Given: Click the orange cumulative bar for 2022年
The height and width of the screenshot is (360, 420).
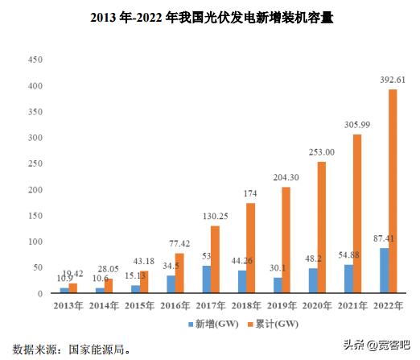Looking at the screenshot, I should click(393, 191).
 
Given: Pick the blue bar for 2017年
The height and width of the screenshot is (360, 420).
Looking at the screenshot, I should click(207, 279).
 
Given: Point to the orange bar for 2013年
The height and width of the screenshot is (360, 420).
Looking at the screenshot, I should click(73, 288).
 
